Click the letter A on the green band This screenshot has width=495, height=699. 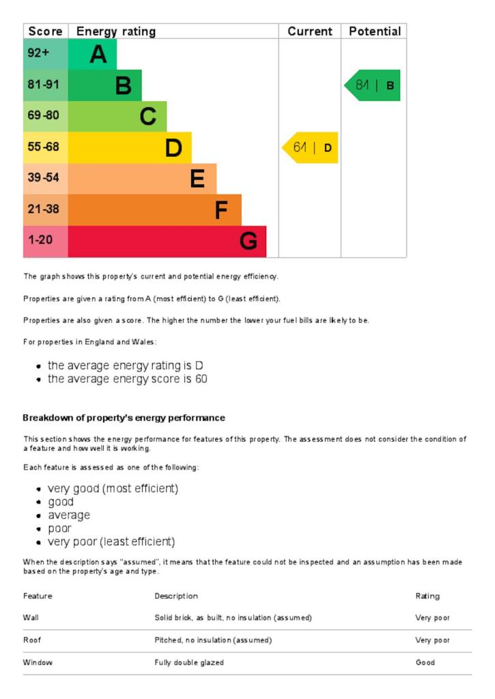[x=98, y=54]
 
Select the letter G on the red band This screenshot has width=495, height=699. [x=249, y=242]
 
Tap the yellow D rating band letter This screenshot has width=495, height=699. [x=173, y=148]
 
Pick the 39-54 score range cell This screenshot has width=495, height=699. [x=44, y=178]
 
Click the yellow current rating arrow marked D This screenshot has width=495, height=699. [x=311, y=147]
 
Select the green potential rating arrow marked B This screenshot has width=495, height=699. [x=373, y=85]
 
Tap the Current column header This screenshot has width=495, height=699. [x=309, y=31]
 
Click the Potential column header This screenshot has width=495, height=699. [x=374, y=31]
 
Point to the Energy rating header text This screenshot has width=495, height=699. [x=116, y=31]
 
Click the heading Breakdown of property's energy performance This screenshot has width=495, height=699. [x=124, y=418]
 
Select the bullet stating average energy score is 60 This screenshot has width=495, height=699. [x=127, y=379]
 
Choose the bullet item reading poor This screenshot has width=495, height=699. [x=59, y=528]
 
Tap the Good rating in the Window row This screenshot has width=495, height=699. [x=425, y=662]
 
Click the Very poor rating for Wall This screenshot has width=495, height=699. [x=432, y=618]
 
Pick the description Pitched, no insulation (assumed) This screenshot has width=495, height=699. [x=213, y=640]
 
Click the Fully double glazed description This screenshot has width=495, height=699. [x=189, y=662]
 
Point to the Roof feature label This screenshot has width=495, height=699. [x=32, y=640]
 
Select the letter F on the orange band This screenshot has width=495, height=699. [x=221, y=210]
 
